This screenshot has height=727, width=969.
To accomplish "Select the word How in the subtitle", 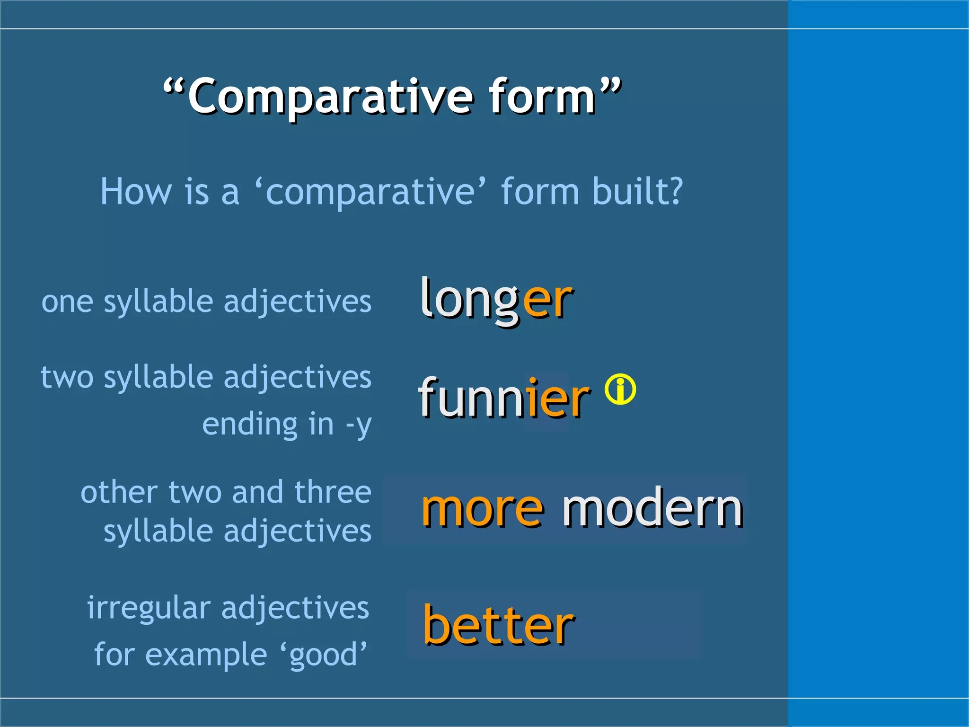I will [x=135, y=191].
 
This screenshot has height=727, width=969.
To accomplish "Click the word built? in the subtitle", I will [x=637, y=191].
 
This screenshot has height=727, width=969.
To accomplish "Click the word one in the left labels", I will [x=67, y=302].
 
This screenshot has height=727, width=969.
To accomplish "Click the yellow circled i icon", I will [x=620, y=390].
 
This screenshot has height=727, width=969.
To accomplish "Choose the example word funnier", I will [x=504, y=398].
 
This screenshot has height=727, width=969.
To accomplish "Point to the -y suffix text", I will [x=358, y=425].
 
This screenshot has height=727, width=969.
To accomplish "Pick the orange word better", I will [x=498, y=625].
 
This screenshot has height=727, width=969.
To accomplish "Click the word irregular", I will [x=149, y=608].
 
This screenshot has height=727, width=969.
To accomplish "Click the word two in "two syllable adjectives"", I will [x=67, y=377].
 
